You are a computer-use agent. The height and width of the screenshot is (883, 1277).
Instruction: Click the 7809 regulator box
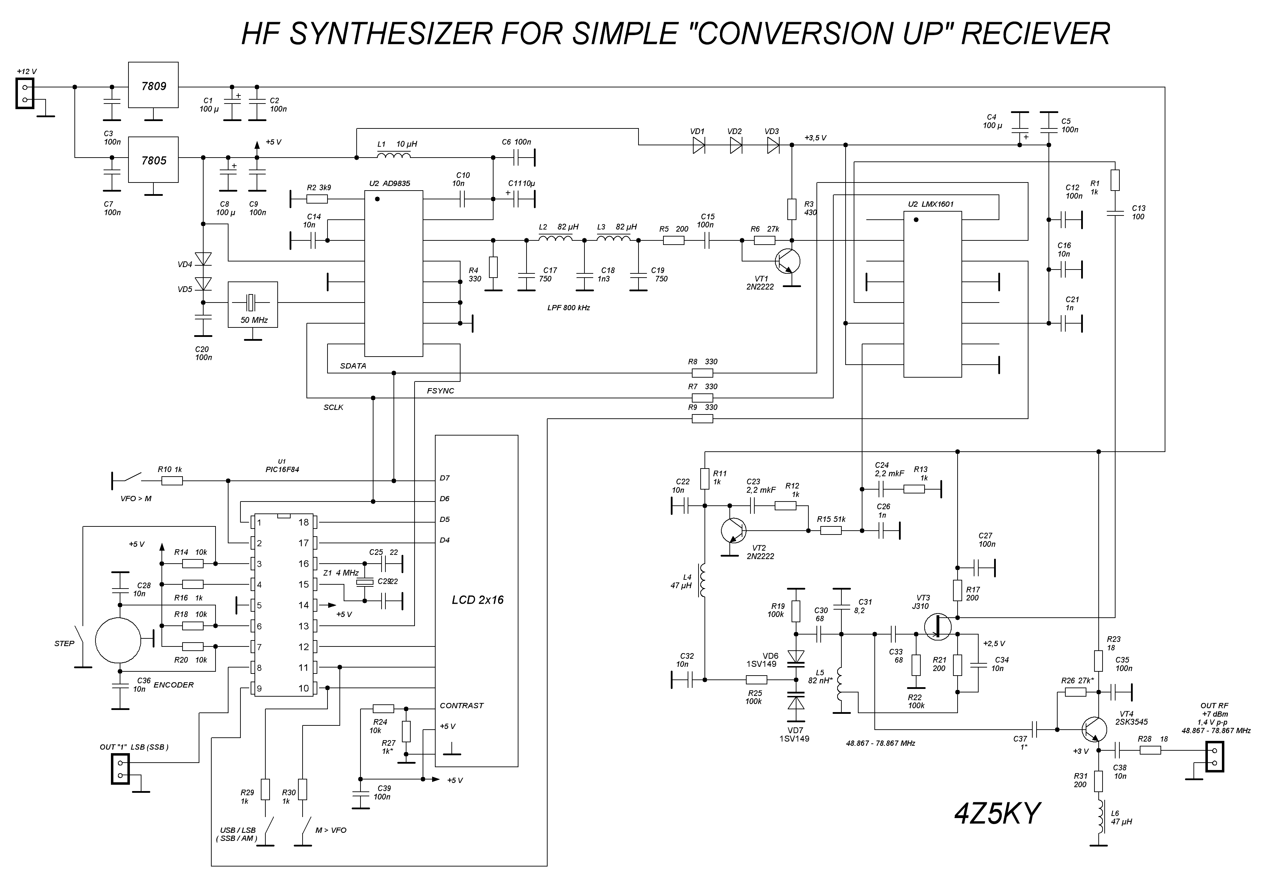153,85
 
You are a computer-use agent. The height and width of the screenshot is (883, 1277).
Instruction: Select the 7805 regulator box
153,160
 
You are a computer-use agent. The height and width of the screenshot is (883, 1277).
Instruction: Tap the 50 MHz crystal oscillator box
253,304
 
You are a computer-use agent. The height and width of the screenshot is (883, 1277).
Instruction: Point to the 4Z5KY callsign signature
997,813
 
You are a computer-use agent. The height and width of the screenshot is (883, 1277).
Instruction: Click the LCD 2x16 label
477,600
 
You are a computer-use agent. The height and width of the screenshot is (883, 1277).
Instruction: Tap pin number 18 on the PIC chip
303,522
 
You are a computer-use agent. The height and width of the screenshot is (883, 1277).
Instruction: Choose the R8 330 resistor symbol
702,373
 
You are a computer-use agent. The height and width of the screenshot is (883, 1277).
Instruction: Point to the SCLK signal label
333,407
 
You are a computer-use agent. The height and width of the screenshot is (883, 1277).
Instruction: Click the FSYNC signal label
441,391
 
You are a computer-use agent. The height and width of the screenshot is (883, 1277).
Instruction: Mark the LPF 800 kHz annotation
568,308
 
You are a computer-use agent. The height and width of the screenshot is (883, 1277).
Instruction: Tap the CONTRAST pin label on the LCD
462,705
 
